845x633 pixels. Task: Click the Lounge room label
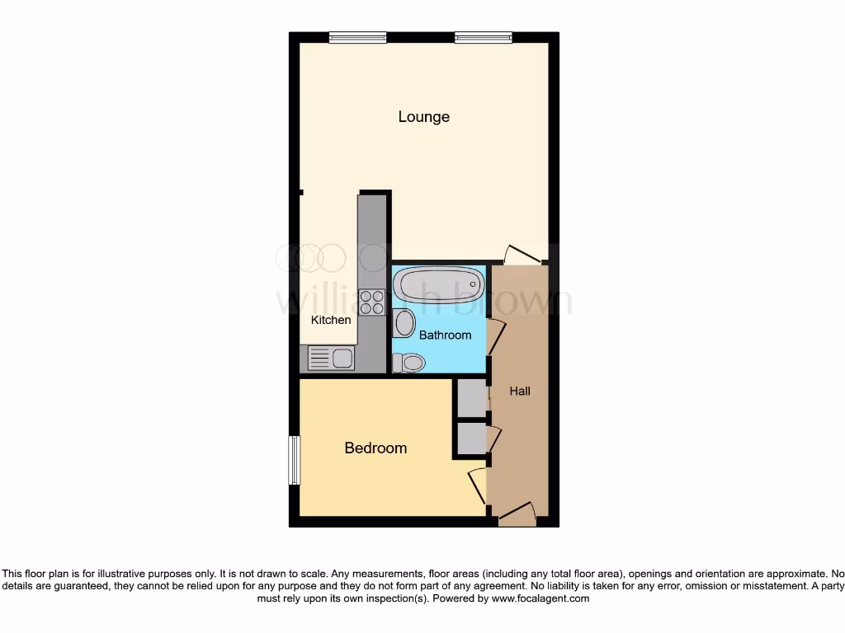click(x=423, y=117)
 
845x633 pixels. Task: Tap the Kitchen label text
click(x=331, y=320)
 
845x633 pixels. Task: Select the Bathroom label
click(x=445, y=335)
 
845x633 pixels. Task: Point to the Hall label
click(x=519, y=392)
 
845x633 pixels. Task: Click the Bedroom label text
click(x=375, y=448)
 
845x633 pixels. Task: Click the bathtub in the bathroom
click(x=438, y=285)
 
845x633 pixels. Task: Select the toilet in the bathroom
click(x=408, y=362)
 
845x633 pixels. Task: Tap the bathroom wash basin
click(x=404, y=322)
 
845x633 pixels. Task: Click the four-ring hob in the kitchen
click(x=372, y=302)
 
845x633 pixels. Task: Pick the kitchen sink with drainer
click(x=331, y=358)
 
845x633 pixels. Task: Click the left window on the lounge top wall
click(x=357, y=37)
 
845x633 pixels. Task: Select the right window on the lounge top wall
click(x=483, y=37)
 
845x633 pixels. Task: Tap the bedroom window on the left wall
click(x=293, y=460)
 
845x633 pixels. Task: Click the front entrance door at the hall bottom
click(x=517, y=515)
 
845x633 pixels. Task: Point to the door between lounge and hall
click(x=523, y=254)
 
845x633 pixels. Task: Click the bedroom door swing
click(x=478, y=485)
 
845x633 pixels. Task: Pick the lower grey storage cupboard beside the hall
click(x=472, y=438)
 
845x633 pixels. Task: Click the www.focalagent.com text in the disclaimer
click(x=541, y=598)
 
